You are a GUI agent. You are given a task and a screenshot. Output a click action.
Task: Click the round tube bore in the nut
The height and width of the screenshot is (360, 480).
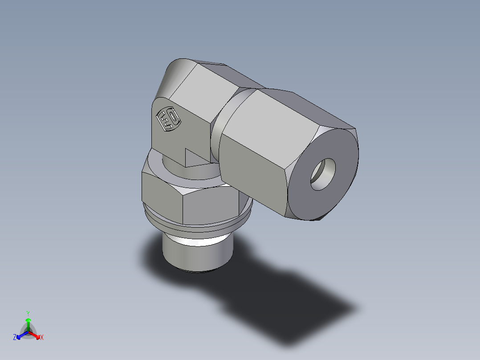(x=323, y=174)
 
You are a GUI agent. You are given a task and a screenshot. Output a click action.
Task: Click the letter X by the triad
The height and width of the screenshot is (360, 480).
(x=42, y=338)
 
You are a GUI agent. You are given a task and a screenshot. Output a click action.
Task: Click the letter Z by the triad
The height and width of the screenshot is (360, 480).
(x=15, y=338)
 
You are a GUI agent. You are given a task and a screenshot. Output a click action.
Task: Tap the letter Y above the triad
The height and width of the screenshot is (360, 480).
(x=28, y=313)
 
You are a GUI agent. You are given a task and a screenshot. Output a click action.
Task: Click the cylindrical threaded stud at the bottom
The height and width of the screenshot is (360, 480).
(x=196, y=254)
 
